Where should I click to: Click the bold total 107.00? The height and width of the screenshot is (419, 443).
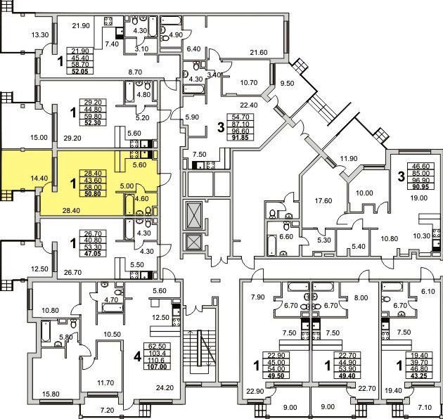coord(155,367)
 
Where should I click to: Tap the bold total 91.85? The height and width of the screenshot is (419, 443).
coord(240,138)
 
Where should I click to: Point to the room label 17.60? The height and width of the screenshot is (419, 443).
coord(323,201)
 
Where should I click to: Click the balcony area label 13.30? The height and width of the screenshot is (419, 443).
coord(40,35)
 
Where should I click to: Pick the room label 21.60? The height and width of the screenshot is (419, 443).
coord(259,52)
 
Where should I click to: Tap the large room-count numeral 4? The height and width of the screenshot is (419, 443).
coord(137,357)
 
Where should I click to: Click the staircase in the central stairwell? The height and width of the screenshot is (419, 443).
coord(199,348)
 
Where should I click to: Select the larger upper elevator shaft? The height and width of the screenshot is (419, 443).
coord(194,214)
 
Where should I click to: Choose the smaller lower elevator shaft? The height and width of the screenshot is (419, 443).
coord(194,242)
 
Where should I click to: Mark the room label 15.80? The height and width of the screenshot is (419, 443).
coord(51,394)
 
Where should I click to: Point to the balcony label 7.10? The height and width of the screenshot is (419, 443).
coord(425,408)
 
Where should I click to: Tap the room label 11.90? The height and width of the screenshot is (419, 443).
coord(349,158)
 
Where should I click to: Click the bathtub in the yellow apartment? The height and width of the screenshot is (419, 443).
coord(129,204)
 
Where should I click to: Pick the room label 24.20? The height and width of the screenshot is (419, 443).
coord(165,387)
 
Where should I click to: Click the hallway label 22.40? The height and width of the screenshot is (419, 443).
coord(249,105)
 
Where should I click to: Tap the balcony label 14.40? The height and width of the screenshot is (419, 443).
coord(39,178)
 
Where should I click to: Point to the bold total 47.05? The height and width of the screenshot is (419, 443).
coord(93,253)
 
